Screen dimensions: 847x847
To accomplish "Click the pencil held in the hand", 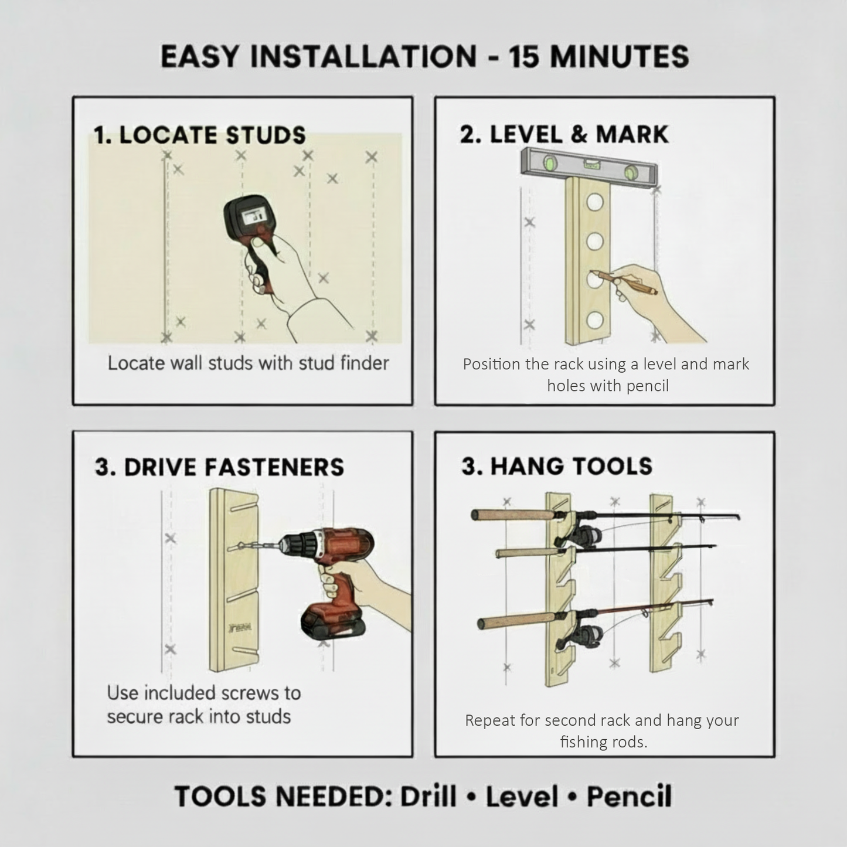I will tap(624, 282).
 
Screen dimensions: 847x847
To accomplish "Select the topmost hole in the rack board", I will tap(595, 203).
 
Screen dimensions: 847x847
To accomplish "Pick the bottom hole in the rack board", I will tap(595, 320).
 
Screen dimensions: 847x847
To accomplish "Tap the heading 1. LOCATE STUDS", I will tap(200, 135).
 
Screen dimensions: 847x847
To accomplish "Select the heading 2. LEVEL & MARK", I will tap(564, 134).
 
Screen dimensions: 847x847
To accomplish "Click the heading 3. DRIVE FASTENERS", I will tap(219, 467).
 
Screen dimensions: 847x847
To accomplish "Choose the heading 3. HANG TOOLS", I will tap(556, 466).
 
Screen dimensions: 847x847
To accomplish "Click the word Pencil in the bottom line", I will tap(629, 796).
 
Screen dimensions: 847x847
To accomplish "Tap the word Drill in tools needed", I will tap(428, 796).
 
